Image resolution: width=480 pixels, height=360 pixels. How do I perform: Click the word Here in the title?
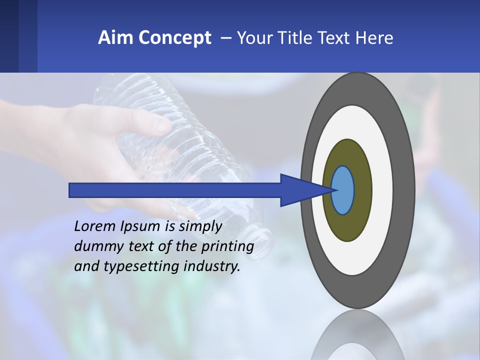click(x=374, y=38)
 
